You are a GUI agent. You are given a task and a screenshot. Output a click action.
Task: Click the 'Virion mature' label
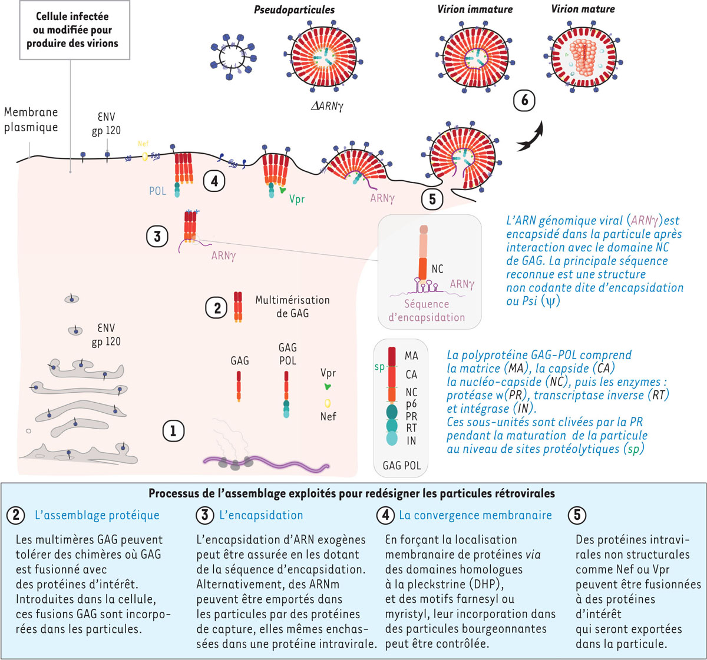583,9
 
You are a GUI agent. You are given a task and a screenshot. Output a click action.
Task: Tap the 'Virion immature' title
475,9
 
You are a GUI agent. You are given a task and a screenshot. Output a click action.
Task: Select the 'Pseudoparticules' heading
294,9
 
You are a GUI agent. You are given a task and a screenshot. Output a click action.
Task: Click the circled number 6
524,100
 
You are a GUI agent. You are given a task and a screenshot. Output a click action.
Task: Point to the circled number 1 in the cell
173,431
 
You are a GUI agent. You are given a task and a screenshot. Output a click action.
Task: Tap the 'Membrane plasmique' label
31,120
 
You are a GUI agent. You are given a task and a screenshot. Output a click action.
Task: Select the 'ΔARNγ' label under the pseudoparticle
326,107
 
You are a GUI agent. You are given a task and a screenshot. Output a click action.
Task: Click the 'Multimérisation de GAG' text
292,306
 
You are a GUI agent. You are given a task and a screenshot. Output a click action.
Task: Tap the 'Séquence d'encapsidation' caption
427,310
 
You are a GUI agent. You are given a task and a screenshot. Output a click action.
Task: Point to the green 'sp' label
379,367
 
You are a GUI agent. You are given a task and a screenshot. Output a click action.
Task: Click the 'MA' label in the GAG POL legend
411,356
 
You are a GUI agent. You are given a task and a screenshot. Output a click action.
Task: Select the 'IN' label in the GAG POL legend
411,440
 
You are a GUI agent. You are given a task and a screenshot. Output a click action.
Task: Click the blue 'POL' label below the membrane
157,191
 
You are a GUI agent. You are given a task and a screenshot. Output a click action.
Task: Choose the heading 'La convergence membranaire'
475,515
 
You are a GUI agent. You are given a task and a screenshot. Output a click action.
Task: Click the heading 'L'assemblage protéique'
97,515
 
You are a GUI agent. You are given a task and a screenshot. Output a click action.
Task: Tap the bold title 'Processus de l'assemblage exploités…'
351,493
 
